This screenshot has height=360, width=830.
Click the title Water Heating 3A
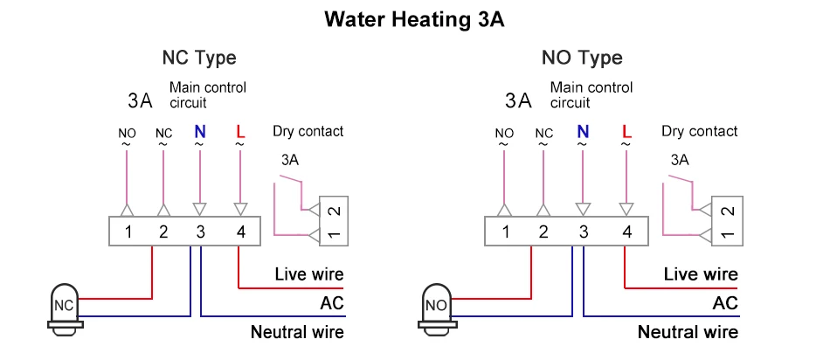[414, 20]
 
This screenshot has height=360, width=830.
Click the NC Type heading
[199, 59]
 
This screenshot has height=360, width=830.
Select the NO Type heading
[582, 59]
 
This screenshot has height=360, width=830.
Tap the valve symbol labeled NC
[64, 306]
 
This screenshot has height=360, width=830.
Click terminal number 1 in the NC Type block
[128, 232]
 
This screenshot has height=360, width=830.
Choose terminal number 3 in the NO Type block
[583, 232]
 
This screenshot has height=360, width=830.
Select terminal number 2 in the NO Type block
[543, 232]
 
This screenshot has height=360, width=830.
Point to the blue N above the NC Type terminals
[199, 133]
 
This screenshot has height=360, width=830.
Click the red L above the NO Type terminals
[626, 133]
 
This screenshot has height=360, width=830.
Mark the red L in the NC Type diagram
[239, 133]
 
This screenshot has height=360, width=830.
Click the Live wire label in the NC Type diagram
[309, 274]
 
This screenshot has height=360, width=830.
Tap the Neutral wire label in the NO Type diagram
[688, 332]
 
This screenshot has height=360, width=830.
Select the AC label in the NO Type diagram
[725, 303]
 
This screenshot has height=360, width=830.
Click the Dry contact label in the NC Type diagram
[308, 132]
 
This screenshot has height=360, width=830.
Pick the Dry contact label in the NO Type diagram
[699, 132]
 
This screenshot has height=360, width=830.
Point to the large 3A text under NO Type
[518, 100]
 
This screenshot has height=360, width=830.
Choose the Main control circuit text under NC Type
[208, 95]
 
